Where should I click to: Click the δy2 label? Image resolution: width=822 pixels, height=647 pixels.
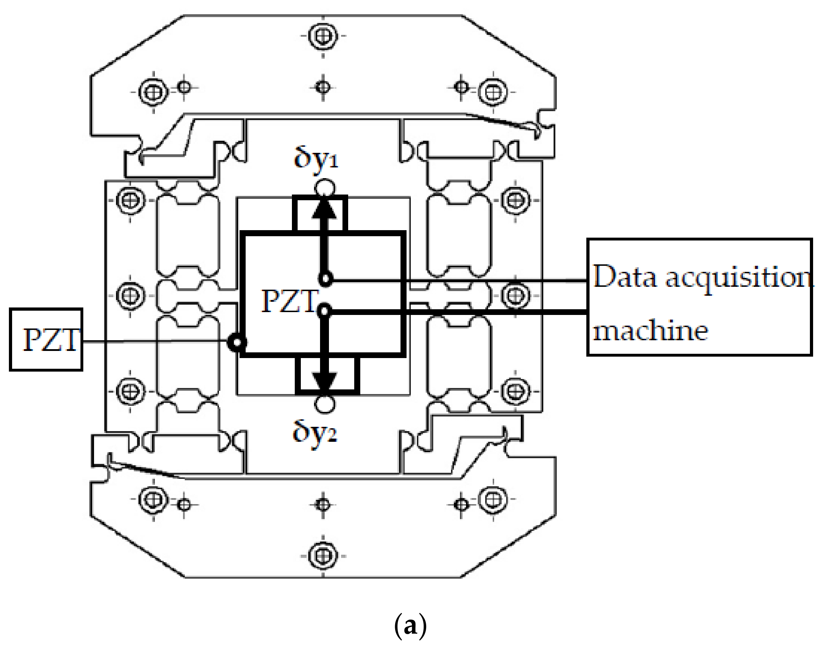pos(314,433)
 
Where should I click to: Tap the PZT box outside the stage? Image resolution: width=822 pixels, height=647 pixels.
pos(46,340)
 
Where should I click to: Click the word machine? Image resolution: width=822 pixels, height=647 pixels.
pos(650,331)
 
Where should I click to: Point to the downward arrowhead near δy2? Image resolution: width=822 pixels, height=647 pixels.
pos(324,382)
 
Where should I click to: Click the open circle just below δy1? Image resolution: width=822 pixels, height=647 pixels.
pos(325,188)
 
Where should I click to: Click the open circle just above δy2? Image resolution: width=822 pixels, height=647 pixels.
pos(325,404)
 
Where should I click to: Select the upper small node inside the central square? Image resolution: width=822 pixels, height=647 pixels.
pos(325,279)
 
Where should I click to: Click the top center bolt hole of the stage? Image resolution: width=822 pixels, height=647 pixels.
pos(323,36)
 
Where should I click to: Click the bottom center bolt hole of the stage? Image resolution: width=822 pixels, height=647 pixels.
pos(323,556)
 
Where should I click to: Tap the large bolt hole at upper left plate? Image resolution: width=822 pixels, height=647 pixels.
pos(153,92)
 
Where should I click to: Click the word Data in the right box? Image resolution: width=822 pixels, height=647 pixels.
pos(624,277)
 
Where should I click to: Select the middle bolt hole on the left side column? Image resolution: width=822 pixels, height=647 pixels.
pos(130,295)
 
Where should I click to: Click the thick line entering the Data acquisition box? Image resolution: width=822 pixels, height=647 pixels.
pos(492,312)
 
